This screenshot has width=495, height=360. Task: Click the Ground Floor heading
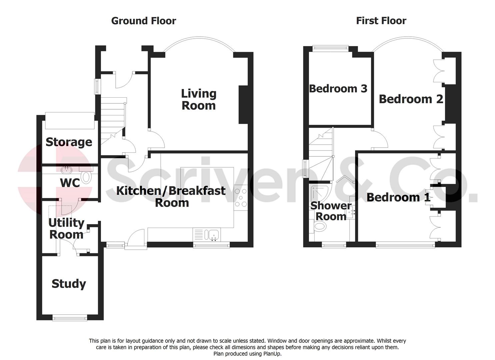pyautogui.click(x=143, y=21)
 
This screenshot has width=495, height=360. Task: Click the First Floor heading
pyautogui.click(x=381, y=21)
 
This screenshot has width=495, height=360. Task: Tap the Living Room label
pyautogui.click(x=199, y=99)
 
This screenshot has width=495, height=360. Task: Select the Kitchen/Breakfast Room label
pyautogui.click(x=171, y=196)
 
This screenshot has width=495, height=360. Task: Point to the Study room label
pyautogui.click(x=69, y=284)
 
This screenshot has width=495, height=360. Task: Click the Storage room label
pyautogui.click(x=69, y=142)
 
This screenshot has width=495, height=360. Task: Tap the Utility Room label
pyautogui.click(x=66, y=228)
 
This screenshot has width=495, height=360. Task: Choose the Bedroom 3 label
pyautogui.click(x=338, y=88)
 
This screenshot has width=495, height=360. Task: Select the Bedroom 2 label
pyautogui.click(x=411, y=99)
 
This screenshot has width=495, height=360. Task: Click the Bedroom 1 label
pyautogui.click(x=398, y=197)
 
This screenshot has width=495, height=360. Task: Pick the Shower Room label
pyautogui.click(x=331, y=211)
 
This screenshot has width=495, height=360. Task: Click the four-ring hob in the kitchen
pyautogui.click(x=241, y=198)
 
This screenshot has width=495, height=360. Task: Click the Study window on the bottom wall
pyautogui.click(x=70, y=318)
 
